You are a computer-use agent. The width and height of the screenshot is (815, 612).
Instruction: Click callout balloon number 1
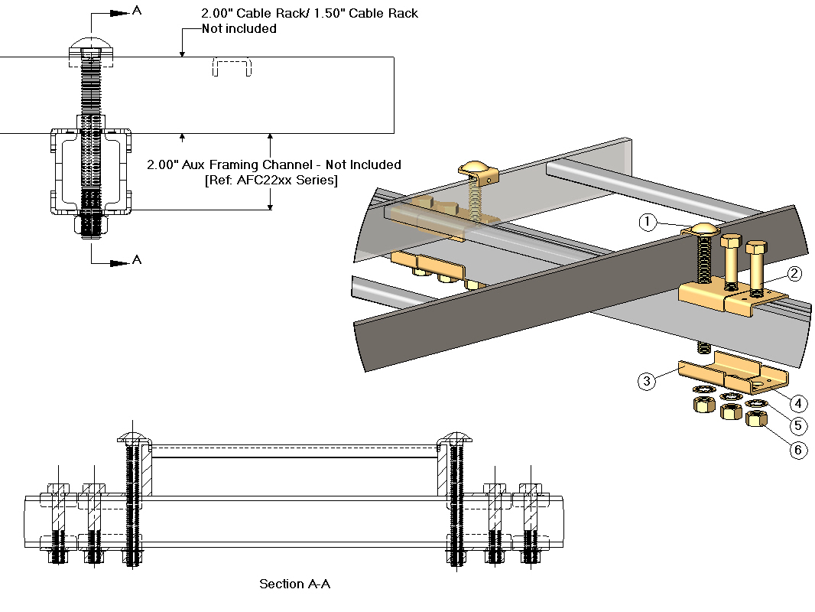point(648,222)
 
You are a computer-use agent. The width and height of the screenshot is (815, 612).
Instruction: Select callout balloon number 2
point(794,273)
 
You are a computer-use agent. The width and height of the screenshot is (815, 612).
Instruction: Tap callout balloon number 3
point(647,381)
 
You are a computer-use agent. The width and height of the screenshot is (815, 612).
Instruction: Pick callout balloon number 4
point(797,403)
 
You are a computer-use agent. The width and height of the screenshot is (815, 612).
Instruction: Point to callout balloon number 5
point(797,426)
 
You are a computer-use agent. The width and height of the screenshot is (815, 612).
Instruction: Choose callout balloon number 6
point(797,450)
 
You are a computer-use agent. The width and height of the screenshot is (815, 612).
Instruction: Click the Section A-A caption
point(294,584)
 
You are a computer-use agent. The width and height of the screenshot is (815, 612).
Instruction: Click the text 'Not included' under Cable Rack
point(239,29)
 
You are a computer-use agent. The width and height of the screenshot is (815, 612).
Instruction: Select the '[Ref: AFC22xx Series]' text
point(271,180)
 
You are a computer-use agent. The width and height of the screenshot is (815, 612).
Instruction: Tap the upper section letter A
point(137,11)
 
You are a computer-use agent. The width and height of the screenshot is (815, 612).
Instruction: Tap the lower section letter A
point(137,260)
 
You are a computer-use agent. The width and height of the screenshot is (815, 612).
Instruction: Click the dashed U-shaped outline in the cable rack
point(232,67)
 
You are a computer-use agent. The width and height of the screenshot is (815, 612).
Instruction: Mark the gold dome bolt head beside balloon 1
point(704,228)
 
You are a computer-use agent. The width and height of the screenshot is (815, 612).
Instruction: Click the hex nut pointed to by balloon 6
point(757,418)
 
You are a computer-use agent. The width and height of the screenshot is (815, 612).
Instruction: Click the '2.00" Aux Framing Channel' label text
point(274,164)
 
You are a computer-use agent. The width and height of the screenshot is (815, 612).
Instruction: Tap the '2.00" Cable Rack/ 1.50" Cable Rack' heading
point(310,13)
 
